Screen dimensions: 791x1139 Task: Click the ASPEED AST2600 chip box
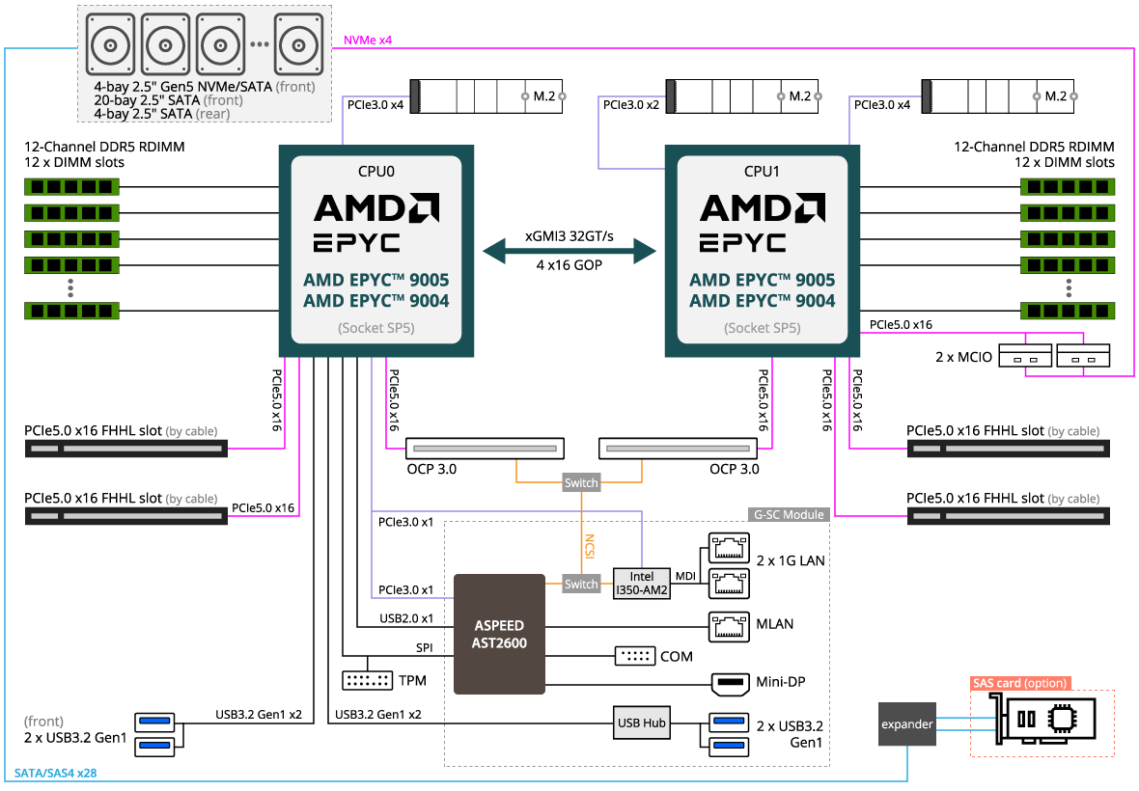pos(499,634)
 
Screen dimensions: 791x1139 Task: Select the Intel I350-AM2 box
pos(642,584)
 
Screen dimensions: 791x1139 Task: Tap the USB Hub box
pos(642,723)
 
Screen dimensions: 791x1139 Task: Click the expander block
pos(906,723)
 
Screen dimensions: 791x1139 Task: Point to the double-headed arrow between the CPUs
pos(569,252)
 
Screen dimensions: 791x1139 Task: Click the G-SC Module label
pos(789,515)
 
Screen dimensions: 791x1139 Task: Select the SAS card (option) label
pos(1020,683)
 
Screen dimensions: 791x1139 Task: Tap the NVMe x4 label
pos(368,41)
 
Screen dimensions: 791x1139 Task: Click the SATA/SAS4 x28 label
pos(55,774)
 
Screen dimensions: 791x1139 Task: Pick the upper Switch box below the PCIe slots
pos(581,482)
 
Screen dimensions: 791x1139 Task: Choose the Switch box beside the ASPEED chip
pos(581,584)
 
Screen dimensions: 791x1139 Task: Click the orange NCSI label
pos(588,545)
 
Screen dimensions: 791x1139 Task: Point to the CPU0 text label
pos(375,172)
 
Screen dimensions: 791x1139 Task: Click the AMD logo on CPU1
pos(762,207)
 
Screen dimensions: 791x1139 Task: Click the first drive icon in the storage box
pos(110,43)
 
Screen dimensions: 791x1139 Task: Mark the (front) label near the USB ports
pos(44,722)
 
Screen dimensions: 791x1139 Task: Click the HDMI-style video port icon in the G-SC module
pos(729,685)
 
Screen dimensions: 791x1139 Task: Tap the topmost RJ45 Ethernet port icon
pos(729,548)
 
